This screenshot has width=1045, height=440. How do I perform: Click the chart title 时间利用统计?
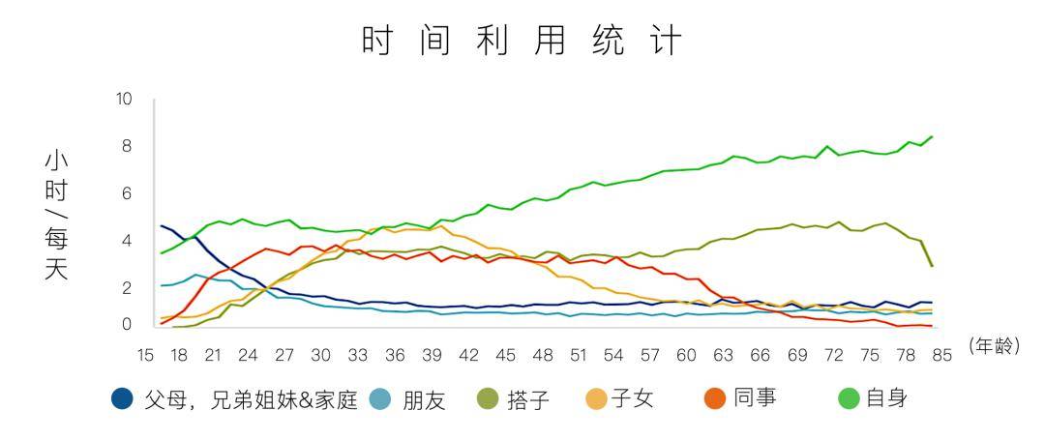click(x=522, y=42)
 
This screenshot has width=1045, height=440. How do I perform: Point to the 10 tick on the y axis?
click(x=123, y=100)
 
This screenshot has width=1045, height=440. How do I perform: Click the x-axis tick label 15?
click(x=146, y=355)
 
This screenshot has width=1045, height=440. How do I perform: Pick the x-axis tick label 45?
click(x=504, y=355)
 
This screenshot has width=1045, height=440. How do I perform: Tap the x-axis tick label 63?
click(x=723, y=355)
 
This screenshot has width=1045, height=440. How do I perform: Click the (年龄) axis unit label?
click(x=994, y=344)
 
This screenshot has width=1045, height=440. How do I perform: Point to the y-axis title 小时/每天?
click(x=56, y=215)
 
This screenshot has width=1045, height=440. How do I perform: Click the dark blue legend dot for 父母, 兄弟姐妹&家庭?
click(x=122, y=398)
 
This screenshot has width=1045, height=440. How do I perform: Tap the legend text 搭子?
click(x=527, y=399)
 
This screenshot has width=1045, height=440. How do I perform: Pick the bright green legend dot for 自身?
click(x=851, y=398)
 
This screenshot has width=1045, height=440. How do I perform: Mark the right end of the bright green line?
click(x=931, y=137)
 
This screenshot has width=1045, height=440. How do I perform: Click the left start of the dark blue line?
click(x=162, y=226)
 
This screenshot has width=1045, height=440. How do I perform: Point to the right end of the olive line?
click(x=931, y=265)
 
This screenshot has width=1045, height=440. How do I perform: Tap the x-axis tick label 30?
click(x=320, y=355)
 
